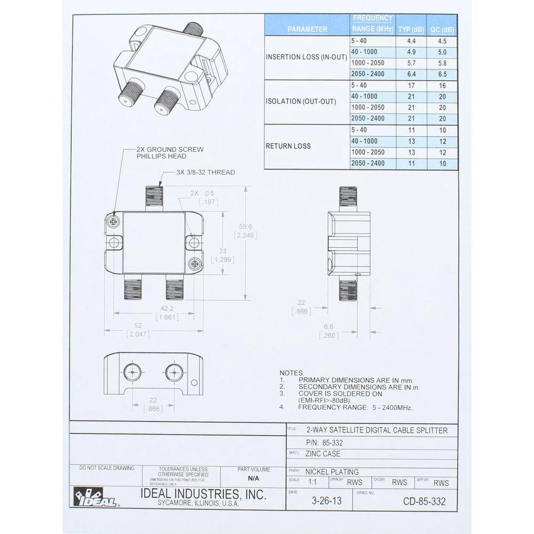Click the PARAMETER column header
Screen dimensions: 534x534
[x=307, y=29]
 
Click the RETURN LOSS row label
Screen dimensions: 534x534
[x=288, y=146]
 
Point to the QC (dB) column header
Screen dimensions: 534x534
[x=443, y=29]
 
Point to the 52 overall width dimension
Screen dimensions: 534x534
[x=138, y=326]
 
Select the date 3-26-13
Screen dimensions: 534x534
[x=326, y=501]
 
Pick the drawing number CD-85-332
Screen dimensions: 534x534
[x=425, y=501]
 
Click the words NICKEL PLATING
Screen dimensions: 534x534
[x=332, y=472]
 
